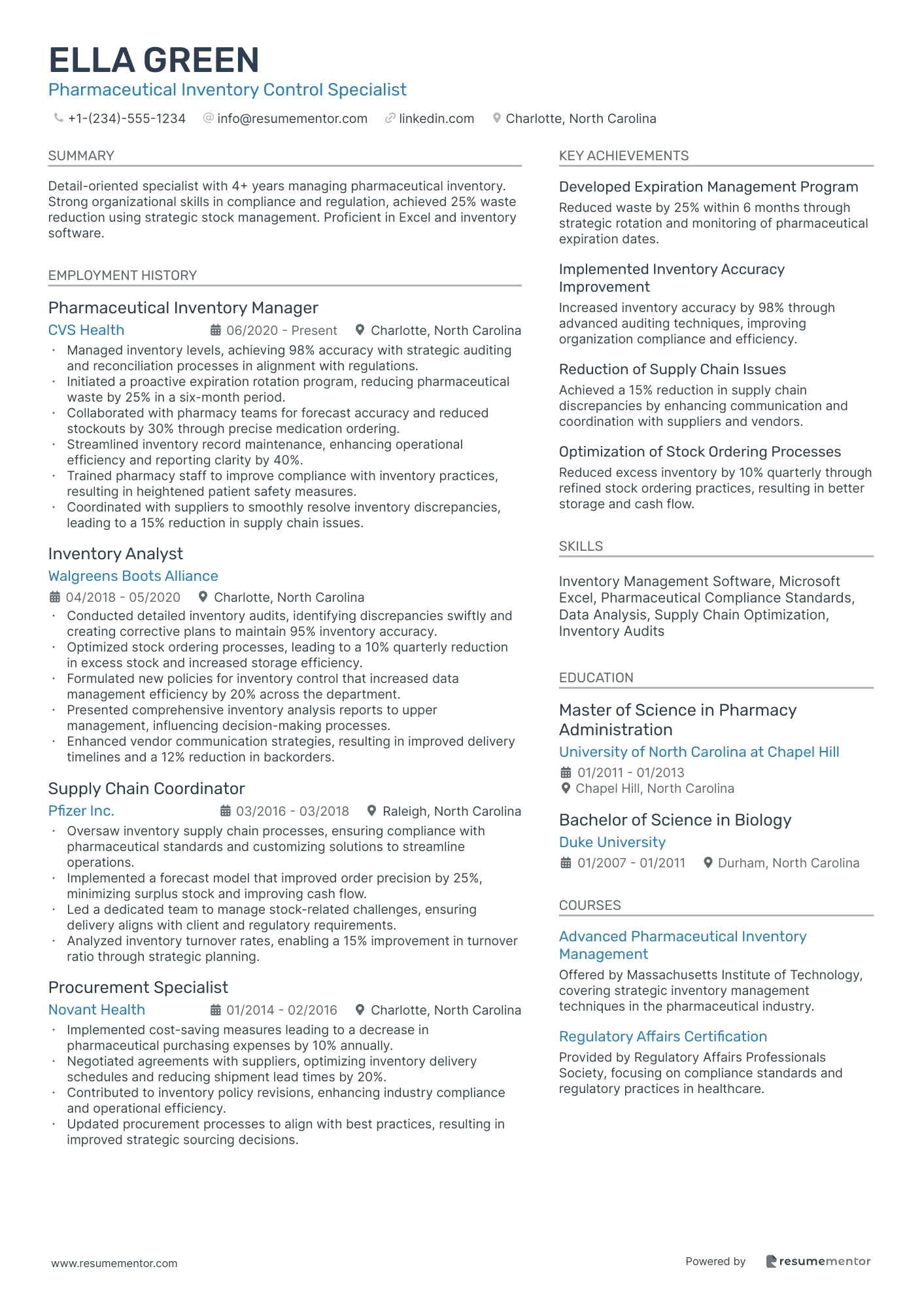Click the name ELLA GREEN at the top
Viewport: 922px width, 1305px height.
(x=154, y=60)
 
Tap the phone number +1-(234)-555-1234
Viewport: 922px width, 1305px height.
(x=126, y=118)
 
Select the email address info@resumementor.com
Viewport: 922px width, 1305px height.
(x=292, y=118)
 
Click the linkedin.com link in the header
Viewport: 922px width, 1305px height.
(x=436, y=118)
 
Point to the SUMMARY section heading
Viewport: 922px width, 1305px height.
(x=81, y=156)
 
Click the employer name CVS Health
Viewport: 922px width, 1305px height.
(x=86, y=330)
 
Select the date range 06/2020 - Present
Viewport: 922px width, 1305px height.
(x=281, y=330)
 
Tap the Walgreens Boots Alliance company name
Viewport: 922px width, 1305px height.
(x=133, y=576)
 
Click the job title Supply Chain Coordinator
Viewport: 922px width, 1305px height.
(x=146, y=789)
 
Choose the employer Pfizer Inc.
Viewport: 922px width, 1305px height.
(x=81, y=811)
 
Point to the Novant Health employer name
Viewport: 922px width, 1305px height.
(x=97, y=1010)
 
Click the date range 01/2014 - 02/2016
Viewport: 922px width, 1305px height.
(x=281, y=1010)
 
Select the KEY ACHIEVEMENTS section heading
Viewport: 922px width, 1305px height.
(x=624, y=156)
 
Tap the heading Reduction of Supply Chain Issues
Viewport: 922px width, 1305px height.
(x=672, y=370)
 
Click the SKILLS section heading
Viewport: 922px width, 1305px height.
(x=581, y=546)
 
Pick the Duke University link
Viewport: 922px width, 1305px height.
(x=612, y=843)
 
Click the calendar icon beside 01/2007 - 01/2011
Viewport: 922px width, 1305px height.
(x=566, y=863)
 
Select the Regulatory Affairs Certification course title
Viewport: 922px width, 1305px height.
(x=663, y=1037)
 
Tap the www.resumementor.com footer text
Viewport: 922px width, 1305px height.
(x=114, y=1263)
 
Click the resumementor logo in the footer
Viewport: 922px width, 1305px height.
(x=818, y=1261)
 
